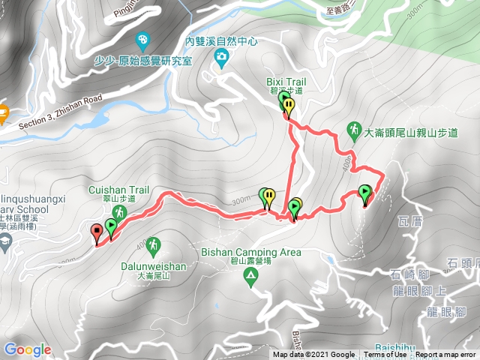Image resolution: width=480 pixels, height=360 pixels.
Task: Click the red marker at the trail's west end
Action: pos(97,233)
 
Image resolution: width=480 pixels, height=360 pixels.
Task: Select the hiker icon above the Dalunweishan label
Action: pos(153,244)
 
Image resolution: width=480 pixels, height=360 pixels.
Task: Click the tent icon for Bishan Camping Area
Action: pos(250,277)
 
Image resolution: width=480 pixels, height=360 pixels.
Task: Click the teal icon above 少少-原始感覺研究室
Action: pos(142,40)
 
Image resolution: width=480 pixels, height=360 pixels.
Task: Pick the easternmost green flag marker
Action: pos(365,193)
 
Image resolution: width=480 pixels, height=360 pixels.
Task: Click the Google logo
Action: pos(28,349)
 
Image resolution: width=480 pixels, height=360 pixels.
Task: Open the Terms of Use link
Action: pos(385,355)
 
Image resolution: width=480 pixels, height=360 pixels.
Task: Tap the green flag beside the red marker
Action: pos(111,226)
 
